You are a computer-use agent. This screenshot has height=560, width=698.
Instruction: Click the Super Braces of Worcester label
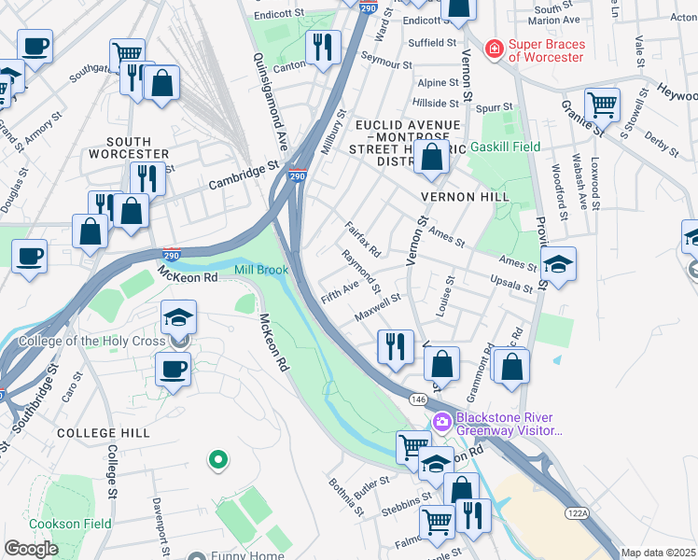coord(546,50)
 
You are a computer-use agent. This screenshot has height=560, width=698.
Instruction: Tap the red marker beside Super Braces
coord(494,49)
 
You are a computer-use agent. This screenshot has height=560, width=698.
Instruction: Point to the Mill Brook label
coord(260,270)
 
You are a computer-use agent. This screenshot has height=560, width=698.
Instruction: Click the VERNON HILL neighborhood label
coord(465,197)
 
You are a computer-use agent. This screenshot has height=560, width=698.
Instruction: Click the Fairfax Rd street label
coord(362,239)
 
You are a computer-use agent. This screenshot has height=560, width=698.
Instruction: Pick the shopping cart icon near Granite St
coord(602,104)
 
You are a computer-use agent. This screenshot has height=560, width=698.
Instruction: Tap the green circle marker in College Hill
coord(217,459)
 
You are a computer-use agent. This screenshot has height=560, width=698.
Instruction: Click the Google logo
coord(31,549)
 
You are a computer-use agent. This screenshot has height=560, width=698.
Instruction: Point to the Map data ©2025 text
coord(657,553)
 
